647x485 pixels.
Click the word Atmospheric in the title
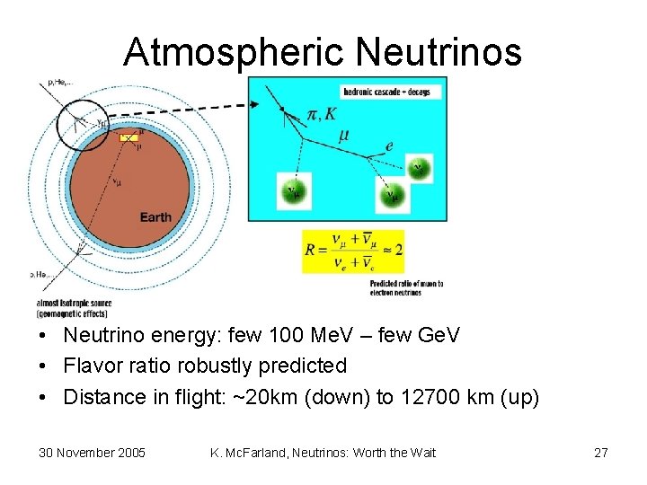pyautogui.click(x=235, y=53)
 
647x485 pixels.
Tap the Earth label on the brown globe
pyautogui.click(x=155, y=217)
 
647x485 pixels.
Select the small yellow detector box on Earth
pyautogui.click(x=129, y=138)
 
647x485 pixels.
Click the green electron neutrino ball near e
pyautogui.click(x=418, y=168)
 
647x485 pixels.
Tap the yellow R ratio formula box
pyautogui.click(x=353, y=251)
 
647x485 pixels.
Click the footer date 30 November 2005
pyautogui.click(x=93, y=453)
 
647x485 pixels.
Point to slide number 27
pyautogui.click(x=600, y=453)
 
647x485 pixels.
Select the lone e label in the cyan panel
pyautogui.click(x=387, y=146)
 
